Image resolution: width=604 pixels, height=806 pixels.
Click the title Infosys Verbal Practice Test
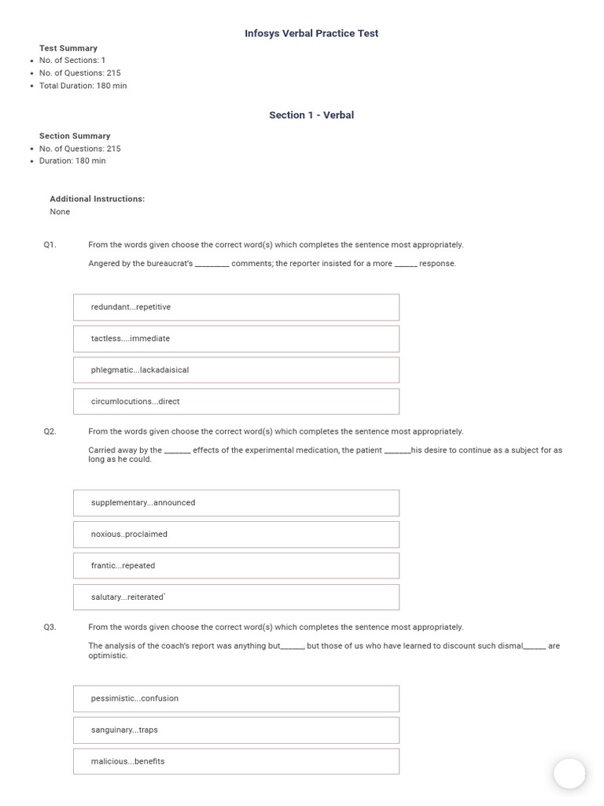[x=311, y=33]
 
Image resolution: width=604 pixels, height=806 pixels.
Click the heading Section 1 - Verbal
[x=311, y=115]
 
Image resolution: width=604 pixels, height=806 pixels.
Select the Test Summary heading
[x=68, y=48]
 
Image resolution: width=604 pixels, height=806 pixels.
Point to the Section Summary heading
[x=75, y=136]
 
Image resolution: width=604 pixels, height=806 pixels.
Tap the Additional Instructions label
[x=98, y=199]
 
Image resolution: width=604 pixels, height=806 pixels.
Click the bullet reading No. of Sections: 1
[x=72, y=61]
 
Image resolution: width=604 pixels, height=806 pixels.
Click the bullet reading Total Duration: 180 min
[x=83, y=86]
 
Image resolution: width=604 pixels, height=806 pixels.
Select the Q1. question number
[x=50, y=245]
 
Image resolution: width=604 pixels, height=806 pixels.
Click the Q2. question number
[x=50, y=431]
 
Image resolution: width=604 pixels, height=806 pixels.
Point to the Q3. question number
[x=50, y=627]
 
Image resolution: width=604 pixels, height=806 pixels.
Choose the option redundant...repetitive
[x=236, y=307]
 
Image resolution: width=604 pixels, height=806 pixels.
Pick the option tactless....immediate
[x=236, y=338]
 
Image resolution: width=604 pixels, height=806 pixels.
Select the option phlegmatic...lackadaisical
[x=236, y=370]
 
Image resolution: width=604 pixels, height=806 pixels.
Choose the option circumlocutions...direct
[x=236, y=401]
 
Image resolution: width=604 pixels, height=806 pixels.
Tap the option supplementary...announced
[x=236, y=503]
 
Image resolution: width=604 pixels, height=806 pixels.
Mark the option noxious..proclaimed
[x=236, y=534]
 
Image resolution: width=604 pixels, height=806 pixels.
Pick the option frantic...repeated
[x=236, y=566]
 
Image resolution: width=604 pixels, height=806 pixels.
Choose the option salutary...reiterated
[x=236, y=597]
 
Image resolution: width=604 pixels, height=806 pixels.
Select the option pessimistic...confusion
[x=236, y=699]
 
